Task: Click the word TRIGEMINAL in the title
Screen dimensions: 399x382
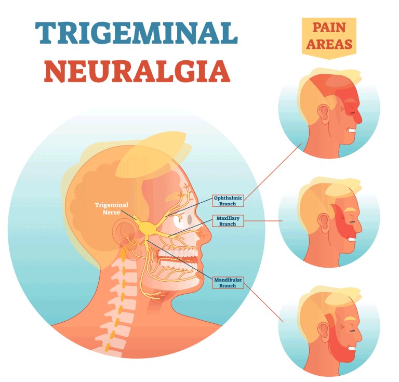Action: [x=137, y=33]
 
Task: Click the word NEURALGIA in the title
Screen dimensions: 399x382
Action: [x=137, y=71]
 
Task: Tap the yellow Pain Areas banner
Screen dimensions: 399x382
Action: [x=329, y=37]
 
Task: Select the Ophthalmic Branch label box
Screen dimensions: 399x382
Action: [x=228, y=201]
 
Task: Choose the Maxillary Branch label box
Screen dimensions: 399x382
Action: [x=228, y=221]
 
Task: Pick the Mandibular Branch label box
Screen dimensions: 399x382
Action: [x=228, y=283]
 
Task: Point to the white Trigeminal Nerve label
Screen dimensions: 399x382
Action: [x=112, y=208]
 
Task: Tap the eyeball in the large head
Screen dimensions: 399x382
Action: [x=184, y=220]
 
